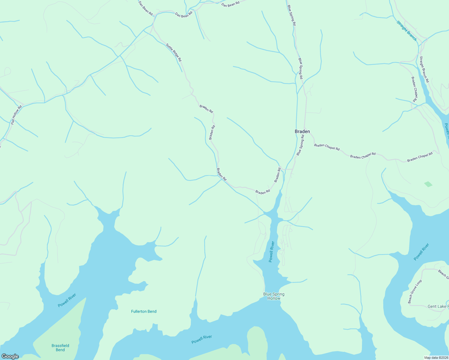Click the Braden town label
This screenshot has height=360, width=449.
pos(302,131)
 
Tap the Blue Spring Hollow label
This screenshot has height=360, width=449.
pos(274,296)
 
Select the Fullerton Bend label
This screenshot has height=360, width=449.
pos(144,311)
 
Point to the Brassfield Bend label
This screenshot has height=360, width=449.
pos(60,348)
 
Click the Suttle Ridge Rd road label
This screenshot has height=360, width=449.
pos(174,52)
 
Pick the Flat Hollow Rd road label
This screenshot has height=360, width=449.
pos(17,115)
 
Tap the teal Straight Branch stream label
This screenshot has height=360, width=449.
pos(407,31)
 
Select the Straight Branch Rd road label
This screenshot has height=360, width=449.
pos(424,70)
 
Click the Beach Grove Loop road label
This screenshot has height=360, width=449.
pos(415,292)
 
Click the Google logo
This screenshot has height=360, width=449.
pos(10,356)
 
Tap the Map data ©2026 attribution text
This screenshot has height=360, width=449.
pos(436,358)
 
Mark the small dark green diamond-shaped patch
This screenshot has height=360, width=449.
pos(428,184)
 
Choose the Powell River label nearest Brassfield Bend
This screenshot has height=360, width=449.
pos(67,300)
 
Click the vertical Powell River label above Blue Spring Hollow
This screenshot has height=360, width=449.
pos(272,252)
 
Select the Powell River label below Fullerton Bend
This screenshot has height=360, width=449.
pos(202,339)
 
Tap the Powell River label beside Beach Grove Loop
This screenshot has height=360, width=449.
pos(421,252)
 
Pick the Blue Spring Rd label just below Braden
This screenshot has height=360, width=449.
pos(300,145)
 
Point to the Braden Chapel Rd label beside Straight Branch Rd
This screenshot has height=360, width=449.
pos(414,90)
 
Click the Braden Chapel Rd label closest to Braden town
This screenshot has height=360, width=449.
pos(327,147)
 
